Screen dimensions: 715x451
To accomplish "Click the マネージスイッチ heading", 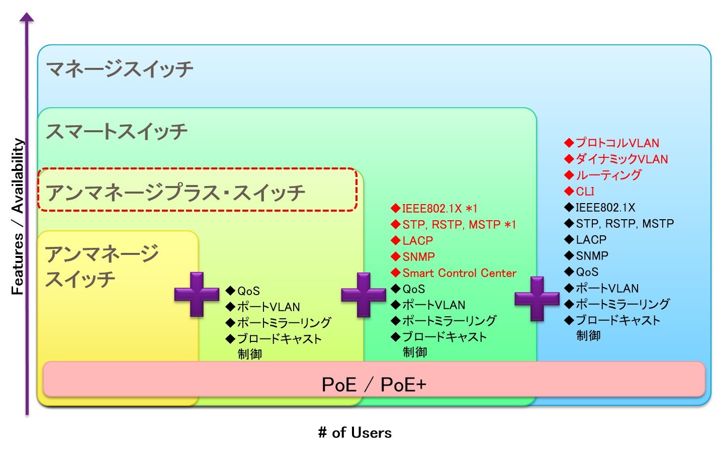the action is click(119, 69).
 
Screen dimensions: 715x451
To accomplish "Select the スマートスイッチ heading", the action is click(116, 132).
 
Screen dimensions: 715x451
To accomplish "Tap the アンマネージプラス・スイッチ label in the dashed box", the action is click(175, 193).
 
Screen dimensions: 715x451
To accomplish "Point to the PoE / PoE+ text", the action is click(374, 385).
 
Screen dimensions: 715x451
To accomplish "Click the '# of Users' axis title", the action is click(354, 432).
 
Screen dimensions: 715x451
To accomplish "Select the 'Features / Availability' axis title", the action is click(18, 216).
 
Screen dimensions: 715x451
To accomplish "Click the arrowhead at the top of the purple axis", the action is click(27, 17).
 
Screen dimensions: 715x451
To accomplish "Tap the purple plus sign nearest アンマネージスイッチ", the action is click(197, 294).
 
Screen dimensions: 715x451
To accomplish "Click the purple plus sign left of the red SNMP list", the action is click(363, 295).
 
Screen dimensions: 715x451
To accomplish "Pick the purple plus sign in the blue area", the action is click(537, 299).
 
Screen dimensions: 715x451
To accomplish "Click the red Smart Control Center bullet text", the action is click(459, 273).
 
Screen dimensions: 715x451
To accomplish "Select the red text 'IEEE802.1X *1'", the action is click(439, 209).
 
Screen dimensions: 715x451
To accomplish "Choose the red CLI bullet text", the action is click(585, 192).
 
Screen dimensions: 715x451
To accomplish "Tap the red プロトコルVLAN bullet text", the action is click(617, 143).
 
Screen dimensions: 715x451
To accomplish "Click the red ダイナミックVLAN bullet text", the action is click(621, 159).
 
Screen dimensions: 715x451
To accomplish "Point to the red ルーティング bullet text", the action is click(608, 175).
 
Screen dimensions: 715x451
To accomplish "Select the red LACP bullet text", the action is click(417, 241).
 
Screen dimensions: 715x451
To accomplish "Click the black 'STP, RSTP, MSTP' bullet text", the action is click(624, 224).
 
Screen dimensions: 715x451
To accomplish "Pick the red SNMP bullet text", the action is click(418, 257).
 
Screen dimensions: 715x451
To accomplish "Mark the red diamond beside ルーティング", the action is click(569, 175).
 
